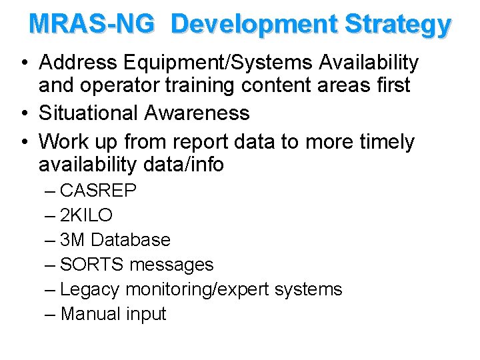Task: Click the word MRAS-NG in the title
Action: click(x=93, y=24)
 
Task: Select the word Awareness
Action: click(x=197, y=113)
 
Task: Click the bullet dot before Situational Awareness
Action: click(x=24, y=113)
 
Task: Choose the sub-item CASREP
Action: click(x=98, y=191)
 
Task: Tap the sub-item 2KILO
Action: click(x=86, y=215)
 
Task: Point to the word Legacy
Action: click(x=90, y=289)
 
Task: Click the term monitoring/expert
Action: click(x=200, y=289)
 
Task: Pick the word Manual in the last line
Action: click(x=89, y=314)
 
